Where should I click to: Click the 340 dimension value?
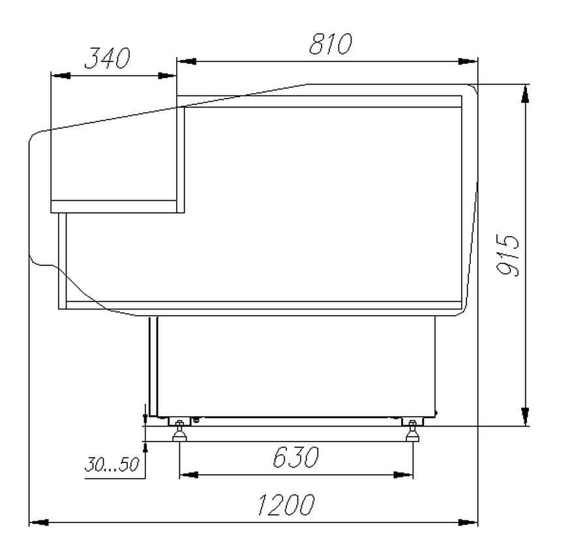108,59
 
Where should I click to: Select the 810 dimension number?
331,44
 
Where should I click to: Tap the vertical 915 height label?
507,255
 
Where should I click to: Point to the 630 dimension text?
295,457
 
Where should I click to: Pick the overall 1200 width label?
286,504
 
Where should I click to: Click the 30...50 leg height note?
112,464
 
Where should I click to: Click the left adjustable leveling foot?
180,432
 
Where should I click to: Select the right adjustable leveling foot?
412,432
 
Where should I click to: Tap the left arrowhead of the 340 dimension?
61,76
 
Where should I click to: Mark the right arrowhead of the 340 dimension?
167,76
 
